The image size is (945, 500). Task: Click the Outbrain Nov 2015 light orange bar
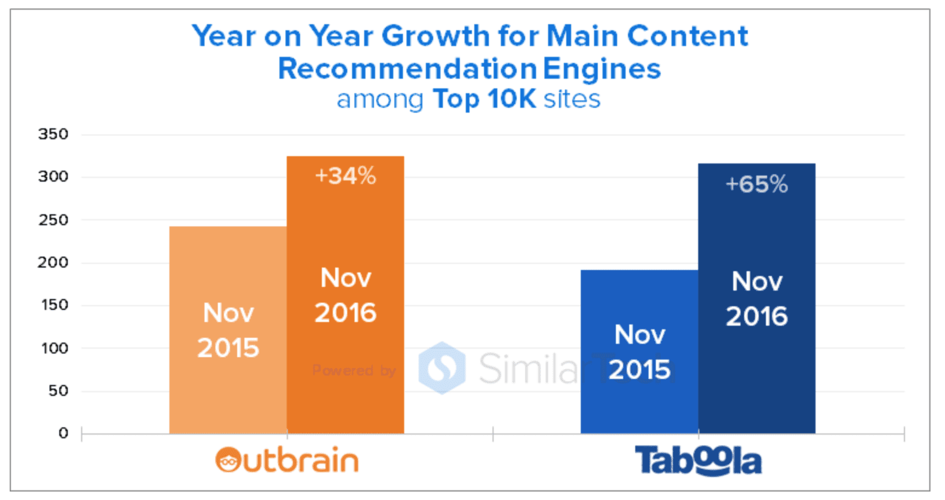click(227, 330)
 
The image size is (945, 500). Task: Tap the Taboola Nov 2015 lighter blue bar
click(639, 351)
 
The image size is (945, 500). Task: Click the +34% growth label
click(345, 176)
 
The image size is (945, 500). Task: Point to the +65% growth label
click(756, 184)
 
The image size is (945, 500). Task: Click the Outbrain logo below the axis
click(287, 461)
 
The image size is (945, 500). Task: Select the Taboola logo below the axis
click(698, 461)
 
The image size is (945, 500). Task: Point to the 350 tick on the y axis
click(53, 134)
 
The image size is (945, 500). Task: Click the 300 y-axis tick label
click(53, 177)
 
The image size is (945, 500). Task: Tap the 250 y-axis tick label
click(53, 220)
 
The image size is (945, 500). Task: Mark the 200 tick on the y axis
click(53, 262)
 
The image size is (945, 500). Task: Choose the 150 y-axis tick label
click(53, 305)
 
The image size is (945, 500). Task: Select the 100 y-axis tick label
click(53, 348)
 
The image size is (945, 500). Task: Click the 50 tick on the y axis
click(58, 391)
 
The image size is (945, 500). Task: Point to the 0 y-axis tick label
click(63, 433)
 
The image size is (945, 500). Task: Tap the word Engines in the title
click(601, 68)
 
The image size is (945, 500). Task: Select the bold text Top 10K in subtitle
click(484, 99)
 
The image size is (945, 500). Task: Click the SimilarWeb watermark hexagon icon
click(442, 368)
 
